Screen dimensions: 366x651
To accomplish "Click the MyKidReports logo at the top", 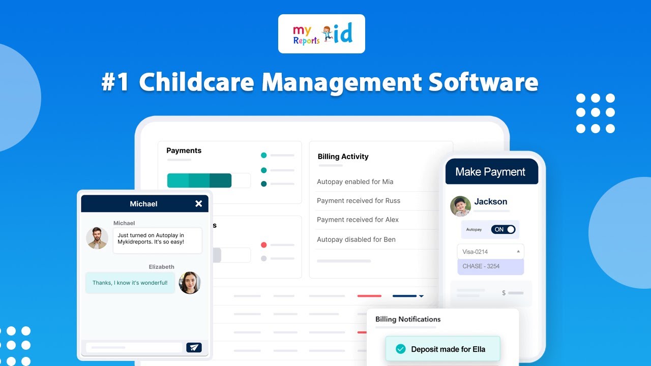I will [321, 34].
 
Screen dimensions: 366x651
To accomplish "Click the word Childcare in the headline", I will [197, 82].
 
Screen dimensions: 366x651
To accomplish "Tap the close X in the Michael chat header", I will [198, 204].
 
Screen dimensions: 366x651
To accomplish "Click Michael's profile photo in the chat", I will [97, 238].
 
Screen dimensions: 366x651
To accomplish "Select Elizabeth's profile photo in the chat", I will [190, 283].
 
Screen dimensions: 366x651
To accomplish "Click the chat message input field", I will [134, 348].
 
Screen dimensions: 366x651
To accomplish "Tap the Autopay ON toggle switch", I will [503, 230].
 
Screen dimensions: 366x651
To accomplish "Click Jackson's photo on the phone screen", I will [460, 206].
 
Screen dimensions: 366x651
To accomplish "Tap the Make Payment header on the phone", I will [490, 172].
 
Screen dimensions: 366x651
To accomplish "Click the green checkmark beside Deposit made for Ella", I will [401, 349].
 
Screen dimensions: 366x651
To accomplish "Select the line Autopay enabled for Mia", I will [355, 182].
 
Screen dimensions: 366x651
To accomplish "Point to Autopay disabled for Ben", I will [356, 239].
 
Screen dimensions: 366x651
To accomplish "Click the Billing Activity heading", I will [343, 157].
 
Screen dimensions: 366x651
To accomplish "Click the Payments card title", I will [184, 150].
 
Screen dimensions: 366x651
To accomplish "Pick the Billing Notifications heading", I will [408, 319].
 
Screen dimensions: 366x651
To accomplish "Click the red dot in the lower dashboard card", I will [263, 245].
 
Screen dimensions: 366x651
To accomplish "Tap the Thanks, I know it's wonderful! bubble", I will [130, 283].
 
